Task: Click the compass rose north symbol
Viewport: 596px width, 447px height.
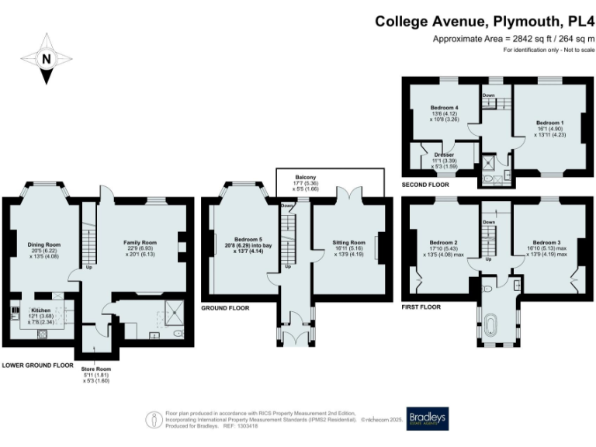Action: click(x=46, y=58)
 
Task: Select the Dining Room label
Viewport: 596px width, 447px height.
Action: click(x=43, y=244)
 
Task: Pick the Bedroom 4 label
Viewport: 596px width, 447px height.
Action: click(x=445, y=107)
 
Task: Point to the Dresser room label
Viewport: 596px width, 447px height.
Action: click(x=444, y=154)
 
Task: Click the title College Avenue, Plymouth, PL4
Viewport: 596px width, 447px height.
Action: click(x=484, y=23)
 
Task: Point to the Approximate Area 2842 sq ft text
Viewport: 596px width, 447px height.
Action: click(x=513, y=40)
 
